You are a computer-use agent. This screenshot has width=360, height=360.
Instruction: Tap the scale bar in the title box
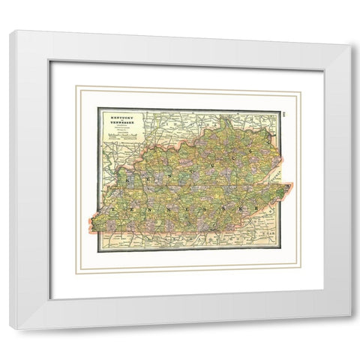click(120, 150)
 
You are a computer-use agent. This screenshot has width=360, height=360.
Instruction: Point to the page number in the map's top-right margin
click(286, 115)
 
